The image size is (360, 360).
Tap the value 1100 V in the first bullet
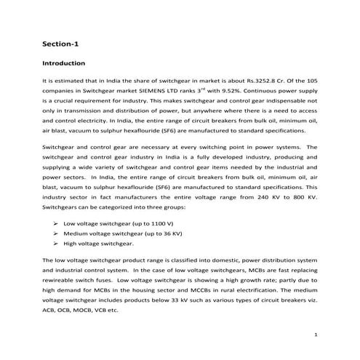pyautogui.click(x=159, y=223)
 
